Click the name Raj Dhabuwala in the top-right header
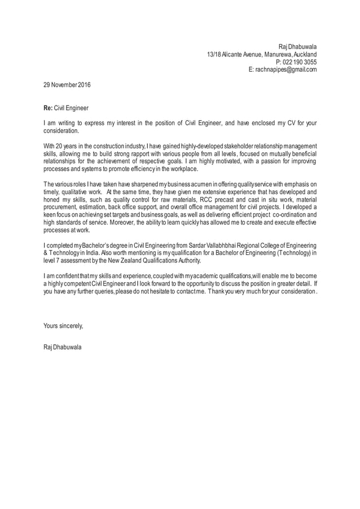pos(298,46)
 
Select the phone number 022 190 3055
pos(299,62)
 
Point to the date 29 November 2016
pos(67,85)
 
